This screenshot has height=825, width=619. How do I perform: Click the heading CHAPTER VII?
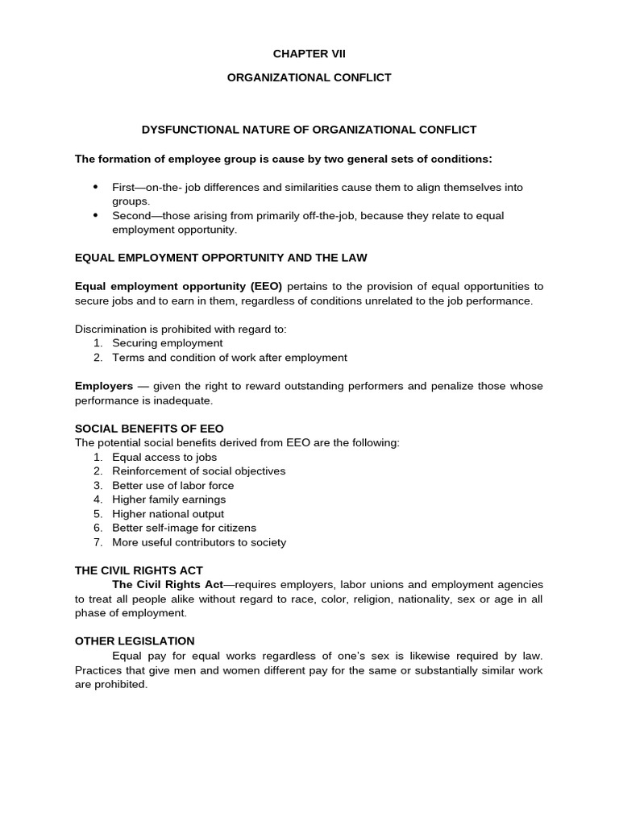(x=309, y=54)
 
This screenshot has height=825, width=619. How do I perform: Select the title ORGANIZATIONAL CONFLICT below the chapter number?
(x=309, y=78)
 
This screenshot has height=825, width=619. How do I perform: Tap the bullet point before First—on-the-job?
(x=95, y=187)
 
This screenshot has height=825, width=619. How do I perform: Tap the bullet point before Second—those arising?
(x=95, y=216)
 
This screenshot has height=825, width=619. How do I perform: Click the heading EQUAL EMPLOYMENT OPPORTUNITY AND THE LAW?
(x=221, y=258)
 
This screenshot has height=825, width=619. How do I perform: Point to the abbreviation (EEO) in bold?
(x=266, y=286)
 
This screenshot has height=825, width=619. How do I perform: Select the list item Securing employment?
(x=167, y=343)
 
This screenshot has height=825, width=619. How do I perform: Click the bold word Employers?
(x=103, y=386)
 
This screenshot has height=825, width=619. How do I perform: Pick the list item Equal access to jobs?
(x=164, y=457)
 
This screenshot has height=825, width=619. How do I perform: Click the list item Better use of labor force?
(x=172, y=485)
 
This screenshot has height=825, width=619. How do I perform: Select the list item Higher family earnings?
(x=168, y=500)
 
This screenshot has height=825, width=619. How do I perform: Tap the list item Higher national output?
(x=168, y=514)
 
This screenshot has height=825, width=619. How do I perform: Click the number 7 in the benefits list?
(x=97, y=542)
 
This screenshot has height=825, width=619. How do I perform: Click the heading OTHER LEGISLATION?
(x=135, y=641)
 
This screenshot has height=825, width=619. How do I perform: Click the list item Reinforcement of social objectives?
(x=198, y=471)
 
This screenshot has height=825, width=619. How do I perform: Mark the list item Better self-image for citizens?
(x=184, y=528)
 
